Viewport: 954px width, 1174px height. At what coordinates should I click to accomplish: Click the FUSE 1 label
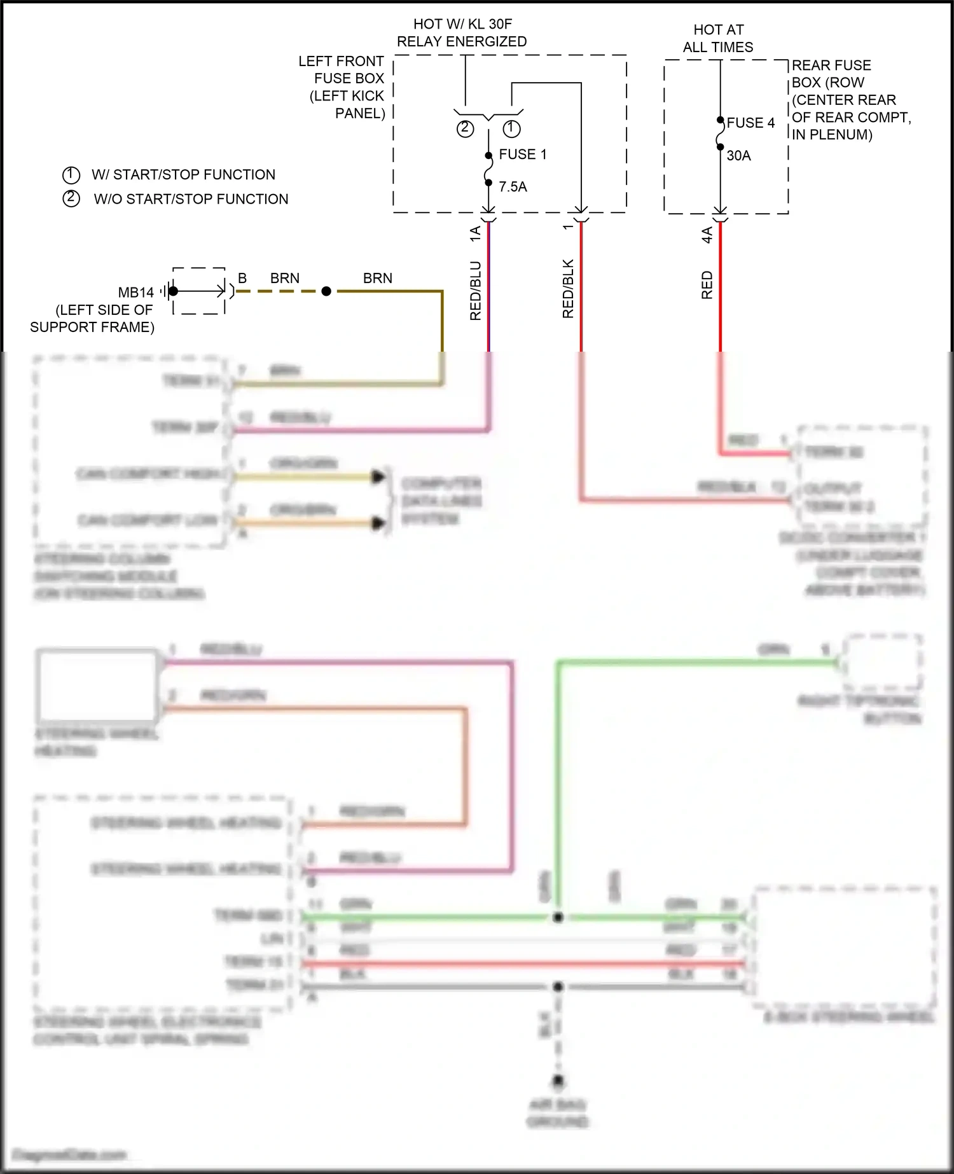coord(522,155)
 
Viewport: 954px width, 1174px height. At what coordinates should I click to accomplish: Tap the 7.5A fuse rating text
coord(513,187)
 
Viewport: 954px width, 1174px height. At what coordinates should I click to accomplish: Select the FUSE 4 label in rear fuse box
coord(750,123)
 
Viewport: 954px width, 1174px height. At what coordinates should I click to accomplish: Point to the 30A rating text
coord(738,156)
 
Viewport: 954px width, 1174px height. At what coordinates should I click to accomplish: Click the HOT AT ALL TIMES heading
coord(718,38)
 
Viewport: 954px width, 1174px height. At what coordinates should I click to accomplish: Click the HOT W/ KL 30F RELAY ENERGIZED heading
coord(462,33)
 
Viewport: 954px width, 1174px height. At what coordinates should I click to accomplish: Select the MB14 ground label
coord(135,293)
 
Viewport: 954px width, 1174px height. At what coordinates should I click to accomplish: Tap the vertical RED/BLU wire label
coord(476,290)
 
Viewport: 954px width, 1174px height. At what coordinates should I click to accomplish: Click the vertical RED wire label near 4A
coord(707,285)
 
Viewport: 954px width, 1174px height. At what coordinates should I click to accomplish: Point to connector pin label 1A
coord(475,233)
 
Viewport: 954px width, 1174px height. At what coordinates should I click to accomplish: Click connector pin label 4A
coord(707,235)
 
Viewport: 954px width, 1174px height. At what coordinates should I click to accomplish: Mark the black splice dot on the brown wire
coord(326,291)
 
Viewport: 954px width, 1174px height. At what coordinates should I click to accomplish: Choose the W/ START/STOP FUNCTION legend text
coord(183,175)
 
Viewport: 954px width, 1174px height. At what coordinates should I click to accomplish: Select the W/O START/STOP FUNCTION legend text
coord(191,199)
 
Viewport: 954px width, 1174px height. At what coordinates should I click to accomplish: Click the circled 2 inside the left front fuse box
coord(465,128)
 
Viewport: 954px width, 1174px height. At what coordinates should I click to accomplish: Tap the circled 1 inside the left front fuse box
coord(511,128)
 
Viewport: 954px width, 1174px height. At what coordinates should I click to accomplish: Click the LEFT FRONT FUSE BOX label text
coord(343,87)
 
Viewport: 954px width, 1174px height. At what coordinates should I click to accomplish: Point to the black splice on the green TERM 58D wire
coord(558,917)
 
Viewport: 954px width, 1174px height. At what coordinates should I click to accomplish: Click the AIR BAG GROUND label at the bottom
coord(557,1113)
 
